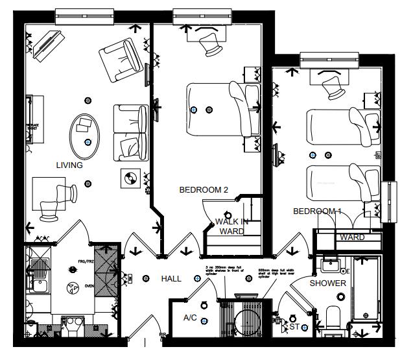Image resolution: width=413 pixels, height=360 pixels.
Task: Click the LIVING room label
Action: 69,165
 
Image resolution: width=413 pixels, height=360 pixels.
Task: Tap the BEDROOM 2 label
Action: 204,190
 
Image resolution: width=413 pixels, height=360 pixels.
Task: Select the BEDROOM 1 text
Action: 317,211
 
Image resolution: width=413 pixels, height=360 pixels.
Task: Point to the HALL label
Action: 171,279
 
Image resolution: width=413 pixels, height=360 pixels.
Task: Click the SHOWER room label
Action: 327,283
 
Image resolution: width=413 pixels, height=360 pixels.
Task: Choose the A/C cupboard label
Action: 190,318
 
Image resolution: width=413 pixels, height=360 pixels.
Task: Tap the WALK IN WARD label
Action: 231,226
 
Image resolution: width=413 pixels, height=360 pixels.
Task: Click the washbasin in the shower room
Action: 331,265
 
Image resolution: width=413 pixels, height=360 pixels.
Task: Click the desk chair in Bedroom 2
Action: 210,44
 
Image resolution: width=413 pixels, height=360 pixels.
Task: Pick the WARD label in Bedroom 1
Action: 352,237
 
